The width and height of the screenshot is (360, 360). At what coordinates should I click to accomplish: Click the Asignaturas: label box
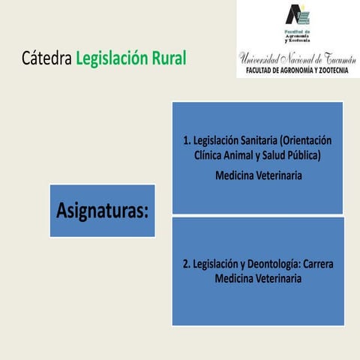tap(103, 211)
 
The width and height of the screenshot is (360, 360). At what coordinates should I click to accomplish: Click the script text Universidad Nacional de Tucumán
tap(297, 58)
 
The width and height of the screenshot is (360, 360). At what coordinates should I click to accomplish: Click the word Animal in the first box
tap(241, 155)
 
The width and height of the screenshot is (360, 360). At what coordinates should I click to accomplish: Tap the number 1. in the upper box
tap(187, 141)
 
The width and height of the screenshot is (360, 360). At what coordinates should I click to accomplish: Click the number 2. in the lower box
tap(187, 265)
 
